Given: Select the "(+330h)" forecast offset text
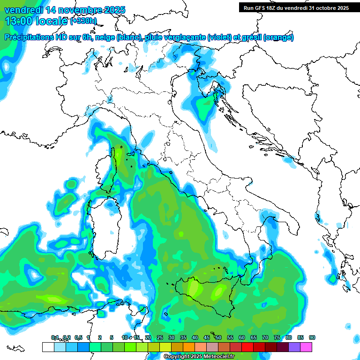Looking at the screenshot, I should click(x=83, y=21).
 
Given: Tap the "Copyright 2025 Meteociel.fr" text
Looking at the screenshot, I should click(x=200, y=357).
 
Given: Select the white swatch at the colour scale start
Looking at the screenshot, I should click(x=48, y=347).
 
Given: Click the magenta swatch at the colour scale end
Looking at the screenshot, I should click(x=306, y=347).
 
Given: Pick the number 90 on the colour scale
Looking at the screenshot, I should click(x=312, y=338).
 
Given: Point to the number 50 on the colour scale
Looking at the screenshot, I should click(x=218, y=338).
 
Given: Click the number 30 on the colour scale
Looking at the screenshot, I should click(x=172, y=338).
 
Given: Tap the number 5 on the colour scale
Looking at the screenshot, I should click(x=112, y=338).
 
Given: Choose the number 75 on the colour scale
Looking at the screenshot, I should click(x=277, y=338).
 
